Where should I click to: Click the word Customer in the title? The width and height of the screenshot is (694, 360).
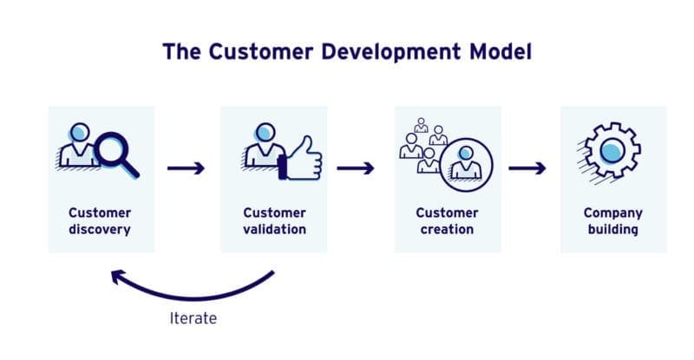point(253,52)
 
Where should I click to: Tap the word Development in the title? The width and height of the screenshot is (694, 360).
point(383,52)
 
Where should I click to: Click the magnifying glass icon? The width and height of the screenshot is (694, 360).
point(115,150)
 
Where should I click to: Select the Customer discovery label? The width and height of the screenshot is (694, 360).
point(100,221)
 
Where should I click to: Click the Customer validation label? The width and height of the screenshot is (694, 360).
point(273,221)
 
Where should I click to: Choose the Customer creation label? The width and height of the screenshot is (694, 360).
point(447,221)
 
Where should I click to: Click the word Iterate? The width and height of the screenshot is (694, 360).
point(193,318)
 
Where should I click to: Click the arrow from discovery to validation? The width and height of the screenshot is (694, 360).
point(186,167)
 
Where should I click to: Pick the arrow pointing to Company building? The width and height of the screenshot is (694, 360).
point(527,167)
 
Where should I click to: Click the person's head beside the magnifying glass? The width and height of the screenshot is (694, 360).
point(78,133)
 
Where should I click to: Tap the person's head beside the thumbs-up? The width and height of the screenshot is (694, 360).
point(264,133)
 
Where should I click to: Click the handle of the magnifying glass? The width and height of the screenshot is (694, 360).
point(132,169)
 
